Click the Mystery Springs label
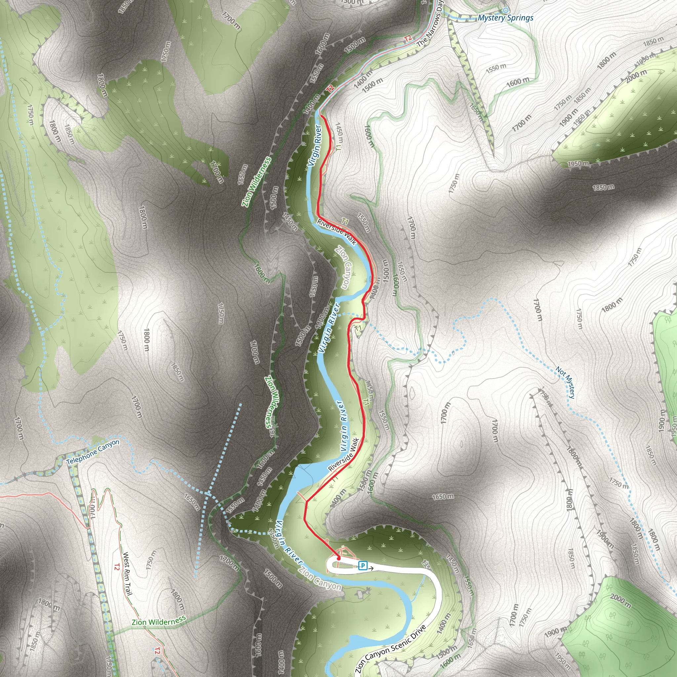tap(505, 18)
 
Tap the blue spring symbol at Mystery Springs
tap(505, 10)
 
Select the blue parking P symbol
tap(363, 566)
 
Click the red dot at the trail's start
tap(338, 558)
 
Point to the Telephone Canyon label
tap(93, 453)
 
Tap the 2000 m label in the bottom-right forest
tap(620, 601)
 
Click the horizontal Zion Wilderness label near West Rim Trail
tap(158, 621)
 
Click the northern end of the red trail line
tap(321, 116)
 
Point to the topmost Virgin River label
tap(315, 145)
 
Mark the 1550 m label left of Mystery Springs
tap(496, 69)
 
